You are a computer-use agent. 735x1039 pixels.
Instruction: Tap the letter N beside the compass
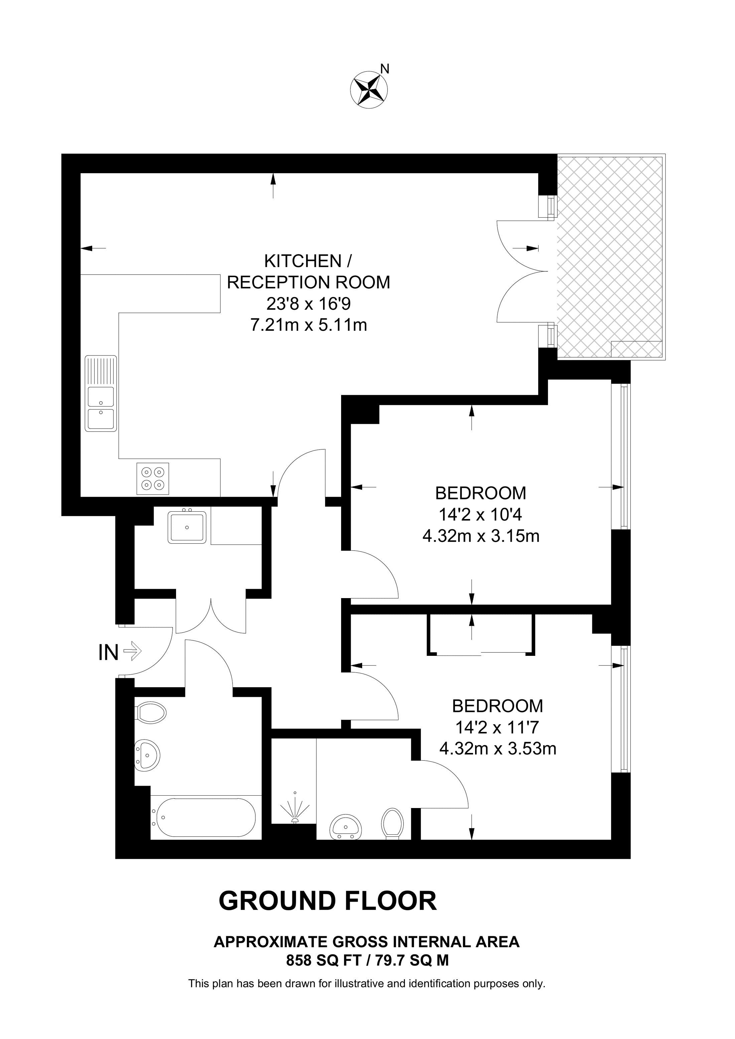(x=385, y=69)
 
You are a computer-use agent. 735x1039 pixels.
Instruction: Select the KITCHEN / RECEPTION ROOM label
(x=308, y=272)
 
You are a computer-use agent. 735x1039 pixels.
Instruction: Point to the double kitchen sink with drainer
(x=101, y=393)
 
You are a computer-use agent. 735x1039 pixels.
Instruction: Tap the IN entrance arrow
(x=132, y=652)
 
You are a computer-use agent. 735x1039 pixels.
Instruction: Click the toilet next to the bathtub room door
(x=151, y=713)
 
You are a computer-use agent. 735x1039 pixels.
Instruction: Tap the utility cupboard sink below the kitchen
(x=186, y=527)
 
